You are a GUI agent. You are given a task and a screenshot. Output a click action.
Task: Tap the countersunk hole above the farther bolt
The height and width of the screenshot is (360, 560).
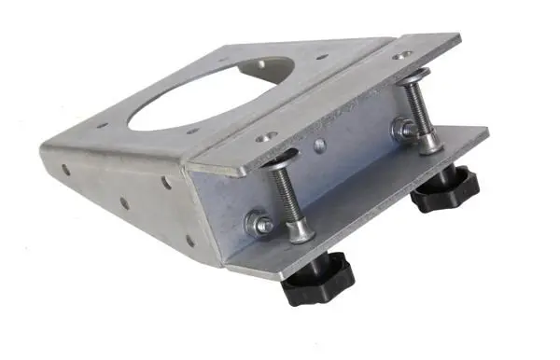point(402,58)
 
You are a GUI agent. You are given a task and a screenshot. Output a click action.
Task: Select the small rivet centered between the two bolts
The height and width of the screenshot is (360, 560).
point(320,145)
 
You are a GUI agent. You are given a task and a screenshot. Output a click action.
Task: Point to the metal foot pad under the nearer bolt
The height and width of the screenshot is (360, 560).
point(301,232)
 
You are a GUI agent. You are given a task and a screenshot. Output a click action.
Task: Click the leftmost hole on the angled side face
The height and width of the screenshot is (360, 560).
point(65,171)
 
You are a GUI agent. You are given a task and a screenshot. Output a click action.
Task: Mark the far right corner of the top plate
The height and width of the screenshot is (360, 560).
point(461,38)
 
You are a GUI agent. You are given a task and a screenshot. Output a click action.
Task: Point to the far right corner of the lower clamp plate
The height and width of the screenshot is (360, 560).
point(488,130)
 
